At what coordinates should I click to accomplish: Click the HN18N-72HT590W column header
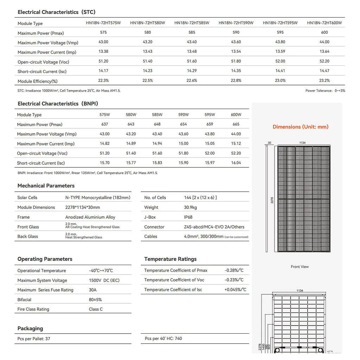(x=236, y=23)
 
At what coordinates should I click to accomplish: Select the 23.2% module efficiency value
(x=324, y=81)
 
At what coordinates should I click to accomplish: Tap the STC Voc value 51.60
(x=192, y=61)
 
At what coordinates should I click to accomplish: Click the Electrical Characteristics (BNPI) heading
(x=58, y=104)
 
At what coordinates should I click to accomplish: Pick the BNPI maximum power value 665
(x=236, y=124)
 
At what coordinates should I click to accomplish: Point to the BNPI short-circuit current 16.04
(x=236, y=163)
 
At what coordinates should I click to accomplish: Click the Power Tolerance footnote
(x=325, y=91)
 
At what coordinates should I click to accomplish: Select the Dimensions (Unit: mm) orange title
(x=300, y=127)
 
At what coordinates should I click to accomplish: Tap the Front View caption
(x=300, y=267)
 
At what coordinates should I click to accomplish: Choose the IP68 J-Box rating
(x=188, y=217)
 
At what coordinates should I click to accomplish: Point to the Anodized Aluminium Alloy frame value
(x=90, y=217)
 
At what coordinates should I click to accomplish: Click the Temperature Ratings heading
(x=170, y=259)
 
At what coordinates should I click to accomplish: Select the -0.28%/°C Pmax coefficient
(x=234, y=270)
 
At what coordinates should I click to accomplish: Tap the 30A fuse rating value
(x=92, y=290)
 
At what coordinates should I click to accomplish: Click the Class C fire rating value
(x=96, y=309)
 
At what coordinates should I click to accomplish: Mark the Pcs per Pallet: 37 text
(x=34, y=339)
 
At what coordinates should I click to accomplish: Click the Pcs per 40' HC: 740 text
(x=163, y=339)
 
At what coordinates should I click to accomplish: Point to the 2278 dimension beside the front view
(x=272, y=200)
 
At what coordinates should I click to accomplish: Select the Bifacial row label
(x=24, y=300)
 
